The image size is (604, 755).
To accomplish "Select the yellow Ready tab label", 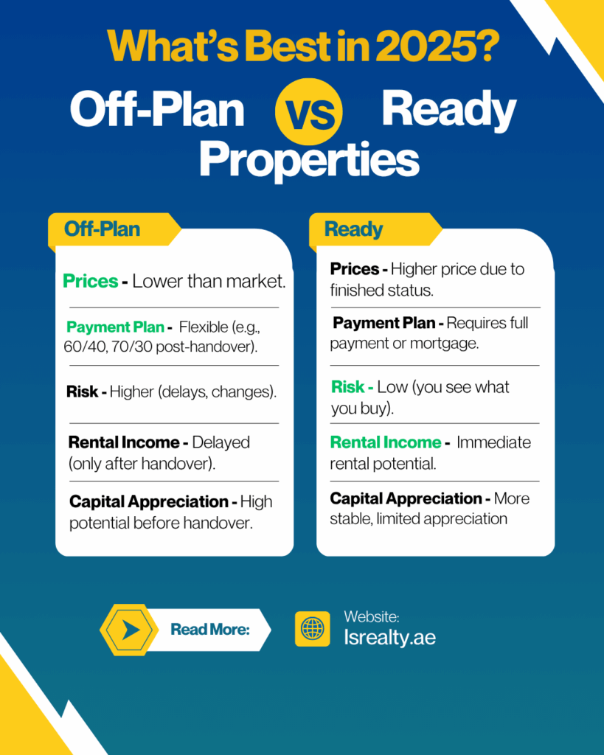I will point(354,229).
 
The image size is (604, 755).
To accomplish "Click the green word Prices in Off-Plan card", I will point(91,281).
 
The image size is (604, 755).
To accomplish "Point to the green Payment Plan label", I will point(116,327).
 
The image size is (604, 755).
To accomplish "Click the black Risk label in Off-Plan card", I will point(82,392).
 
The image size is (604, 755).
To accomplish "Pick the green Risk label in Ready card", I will point(347,387).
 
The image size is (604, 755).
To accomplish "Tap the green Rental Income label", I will point(385,442).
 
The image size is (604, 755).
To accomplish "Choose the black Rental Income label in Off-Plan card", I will point(124,442).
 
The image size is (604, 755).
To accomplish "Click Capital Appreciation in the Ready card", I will point(406,498).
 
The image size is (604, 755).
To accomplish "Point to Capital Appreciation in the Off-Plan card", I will point(148,501).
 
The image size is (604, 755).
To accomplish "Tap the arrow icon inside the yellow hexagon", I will point(131,630).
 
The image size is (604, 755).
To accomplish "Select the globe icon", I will point(312,629).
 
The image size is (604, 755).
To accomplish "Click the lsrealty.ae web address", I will point(389,638).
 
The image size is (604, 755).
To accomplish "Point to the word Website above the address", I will point(371,617).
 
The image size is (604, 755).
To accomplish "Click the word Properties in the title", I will point(309,159).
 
